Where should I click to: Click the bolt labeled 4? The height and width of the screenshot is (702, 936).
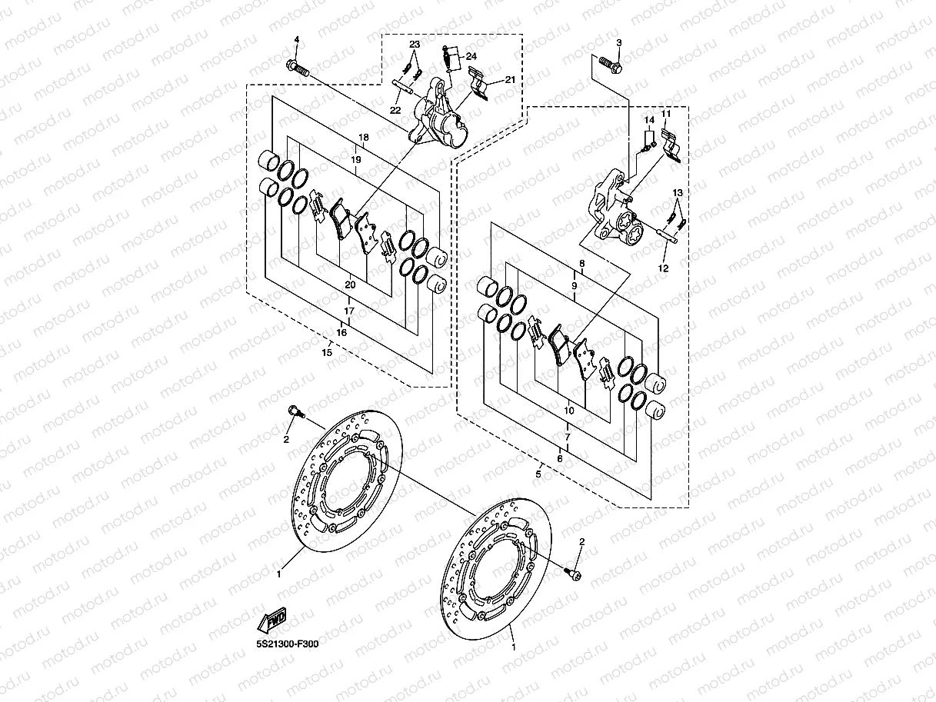[x=298, y=68]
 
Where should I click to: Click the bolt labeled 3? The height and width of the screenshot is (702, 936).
[x=611, y=65]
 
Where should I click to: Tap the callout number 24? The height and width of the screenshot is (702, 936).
[x=471, y=56]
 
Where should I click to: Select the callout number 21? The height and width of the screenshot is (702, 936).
[x=510, y=80]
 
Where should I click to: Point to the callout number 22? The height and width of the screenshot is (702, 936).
[x=395, y=110]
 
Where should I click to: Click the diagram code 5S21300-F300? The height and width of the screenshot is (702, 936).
[x=288, y=644]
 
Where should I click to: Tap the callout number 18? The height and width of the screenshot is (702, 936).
[x=363, y=137]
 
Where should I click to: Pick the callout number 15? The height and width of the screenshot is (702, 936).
[x=327, y=352]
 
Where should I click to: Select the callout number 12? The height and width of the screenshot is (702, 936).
[x=663, y=268]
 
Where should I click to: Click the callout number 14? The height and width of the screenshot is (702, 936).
[x=649, y=120]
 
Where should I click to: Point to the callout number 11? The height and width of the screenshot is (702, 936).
[x=666, y=113]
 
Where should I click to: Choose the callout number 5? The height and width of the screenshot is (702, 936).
[x=538, y=474]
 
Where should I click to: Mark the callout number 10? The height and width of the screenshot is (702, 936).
[x=569, y=411]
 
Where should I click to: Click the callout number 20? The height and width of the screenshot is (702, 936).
[x=350, y=284]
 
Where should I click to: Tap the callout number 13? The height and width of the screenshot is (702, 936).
[x=678, y=193]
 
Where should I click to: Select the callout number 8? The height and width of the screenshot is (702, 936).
[x=582, y=264]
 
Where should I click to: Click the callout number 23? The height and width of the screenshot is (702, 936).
[x=415, y=45]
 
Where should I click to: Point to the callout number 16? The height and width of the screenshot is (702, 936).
[x=341, y=332]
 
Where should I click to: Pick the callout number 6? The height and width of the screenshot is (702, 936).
[x=560, y=458]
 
